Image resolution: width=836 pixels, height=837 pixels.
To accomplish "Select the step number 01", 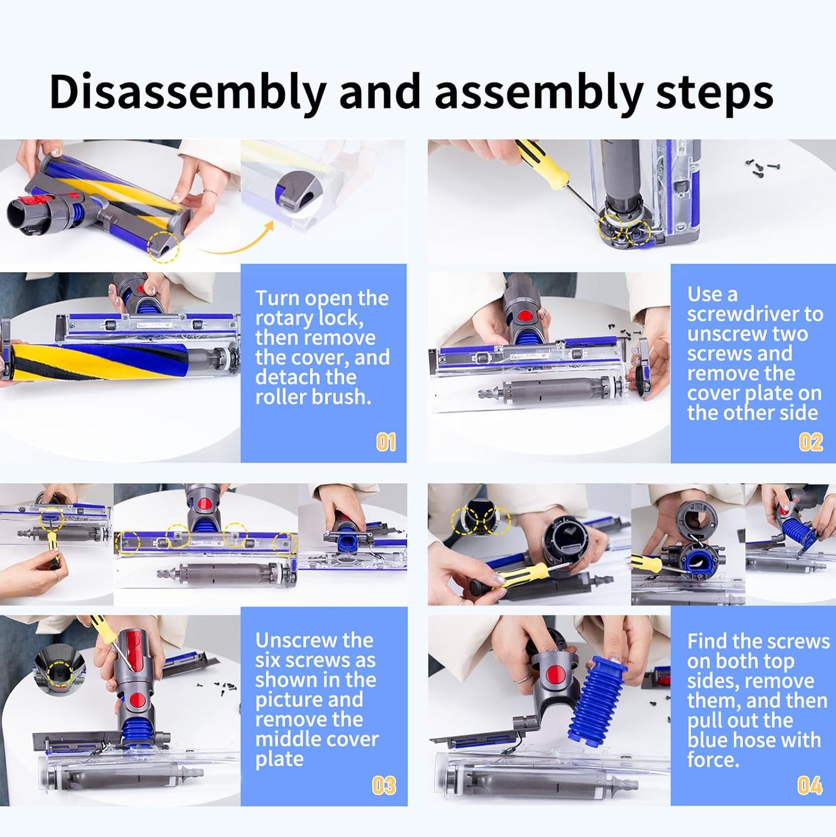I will (386, 443).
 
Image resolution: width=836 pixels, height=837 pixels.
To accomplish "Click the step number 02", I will (811, 443).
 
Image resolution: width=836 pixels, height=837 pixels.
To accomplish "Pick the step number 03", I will (384, 785).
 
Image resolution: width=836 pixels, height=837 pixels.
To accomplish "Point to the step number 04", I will (809, 785).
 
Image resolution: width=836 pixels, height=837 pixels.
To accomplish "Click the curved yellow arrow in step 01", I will (237, 243).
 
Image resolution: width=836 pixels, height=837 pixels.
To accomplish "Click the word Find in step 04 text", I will (707, 641).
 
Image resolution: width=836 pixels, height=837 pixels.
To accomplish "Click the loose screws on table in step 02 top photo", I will (761, 167).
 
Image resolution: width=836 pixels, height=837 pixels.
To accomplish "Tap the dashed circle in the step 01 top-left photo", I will (163, 248).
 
